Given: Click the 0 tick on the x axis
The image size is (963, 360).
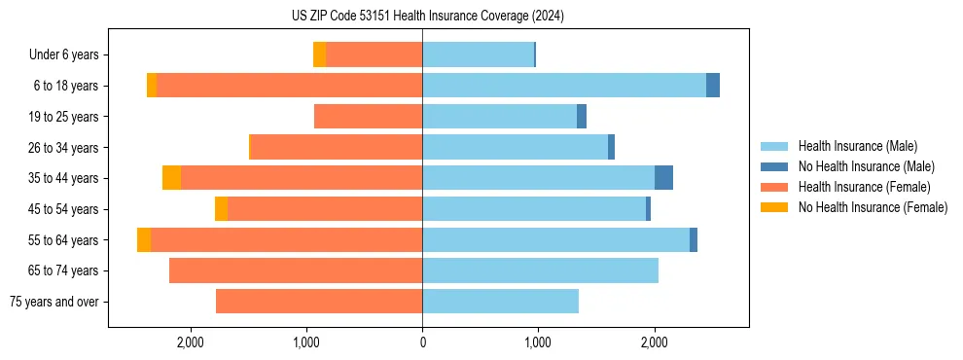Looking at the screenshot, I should (422, 342).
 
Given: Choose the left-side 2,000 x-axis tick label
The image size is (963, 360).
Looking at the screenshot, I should (191, 342).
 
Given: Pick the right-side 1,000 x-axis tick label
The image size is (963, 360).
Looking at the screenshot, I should (538, 342).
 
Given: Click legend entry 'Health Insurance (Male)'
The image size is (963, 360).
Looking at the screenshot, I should (857, 146).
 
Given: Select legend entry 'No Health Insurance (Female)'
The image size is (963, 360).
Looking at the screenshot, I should (873, 207).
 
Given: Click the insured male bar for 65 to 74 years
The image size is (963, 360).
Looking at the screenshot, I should (540, 270).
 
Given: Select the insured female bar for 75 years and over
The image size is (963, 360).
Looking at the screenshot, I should (319, 302).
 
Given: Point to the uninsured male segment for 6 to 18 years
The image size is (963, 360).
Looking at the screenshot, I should (713, 86).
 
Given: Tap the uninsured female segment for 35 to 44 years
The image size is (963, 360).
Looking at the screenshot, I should (171, 178).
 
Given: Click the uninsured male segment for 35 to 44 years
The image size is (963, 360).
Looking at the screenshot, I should (663, 178).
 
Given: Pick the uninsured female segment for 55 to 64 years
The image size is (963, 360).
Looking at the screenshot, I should (144, 240).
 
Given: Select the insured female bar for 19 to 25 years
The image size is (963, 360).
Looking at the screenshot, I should (368, 117).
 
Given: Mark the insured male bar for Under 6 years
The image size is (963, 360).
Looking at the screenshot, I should (478, 55).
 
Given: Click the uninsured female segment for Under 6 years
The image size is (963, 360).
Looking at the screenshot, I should (319, 55).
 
